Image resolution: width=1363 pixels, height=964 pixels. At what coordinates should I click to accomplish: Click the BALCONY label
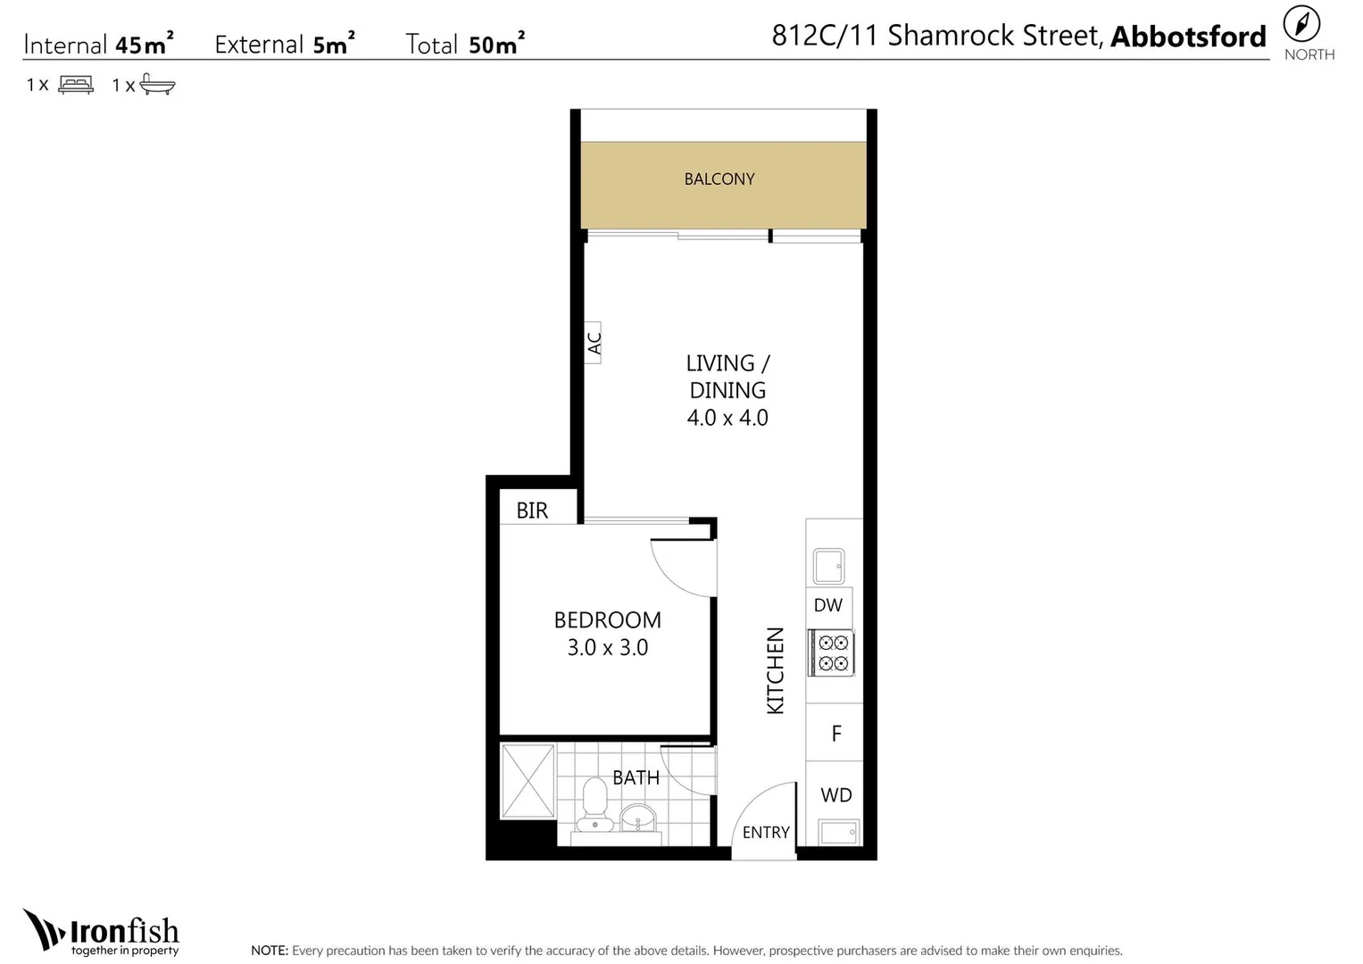(x=719, y=179)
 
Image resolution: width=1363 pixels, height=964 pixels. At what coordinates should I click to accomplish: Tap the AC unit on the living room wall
(x=593, y=343)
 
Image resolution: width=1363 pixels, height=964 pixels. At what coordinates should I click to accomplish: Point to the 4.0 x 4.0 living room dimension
(x=727, y=418)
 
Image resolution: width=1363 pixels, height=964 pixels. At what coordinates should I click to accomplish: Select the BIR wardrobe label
(x=532, y=511)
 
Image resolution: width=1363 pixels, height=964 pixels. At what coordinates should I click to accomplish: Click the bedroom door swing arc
(x=669, y=579)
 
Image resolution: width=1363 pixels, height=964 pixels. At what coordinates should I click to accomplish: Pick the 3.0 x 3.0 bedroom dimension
(x=608, y=647)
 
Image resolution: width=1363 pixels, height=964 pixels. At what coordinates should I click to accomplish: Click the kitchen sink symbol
(x=828, y=566)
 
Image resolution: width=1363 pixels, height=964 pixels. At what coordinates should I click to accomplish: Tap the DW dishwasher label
(x=828, y=605)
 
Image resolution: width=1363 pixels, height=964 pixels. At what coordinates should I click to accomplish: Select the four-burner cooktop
(x=832, y=653)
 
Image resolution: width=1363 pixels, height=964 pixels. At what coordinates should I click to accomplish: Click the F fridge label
(x=836, y=734)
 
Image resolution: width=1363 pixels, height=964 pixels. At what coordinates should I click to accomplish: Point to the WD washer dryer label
(x=836, y=794)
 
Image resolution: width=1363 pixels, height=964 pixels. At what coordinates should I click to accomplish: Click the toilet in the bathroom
(x=594, y=804)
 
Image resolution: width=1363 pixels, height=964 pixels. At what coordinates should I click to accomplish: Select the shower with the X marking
(x=528, y=781)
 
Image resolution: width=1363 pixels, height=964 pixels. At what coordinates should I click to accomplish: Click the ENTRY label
(x=766, y=832)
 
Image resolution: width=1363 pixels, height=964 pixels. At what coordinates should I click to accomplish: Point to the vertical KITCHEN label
(x=775, y=670)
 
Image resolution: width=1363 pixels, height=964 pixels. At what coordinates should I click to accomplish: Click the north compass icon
(x=1301, y=24)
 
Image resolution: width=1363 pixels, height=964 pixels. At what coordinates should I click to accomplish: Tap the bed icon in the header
(x=76, y=85)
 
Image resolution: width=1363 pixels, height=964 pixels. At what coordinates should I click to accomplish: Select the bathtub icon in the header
(x=158, y=84)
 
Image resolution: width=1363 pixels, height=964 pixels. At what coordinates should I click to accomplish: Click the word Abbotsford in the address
(x=1188, y=37)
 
